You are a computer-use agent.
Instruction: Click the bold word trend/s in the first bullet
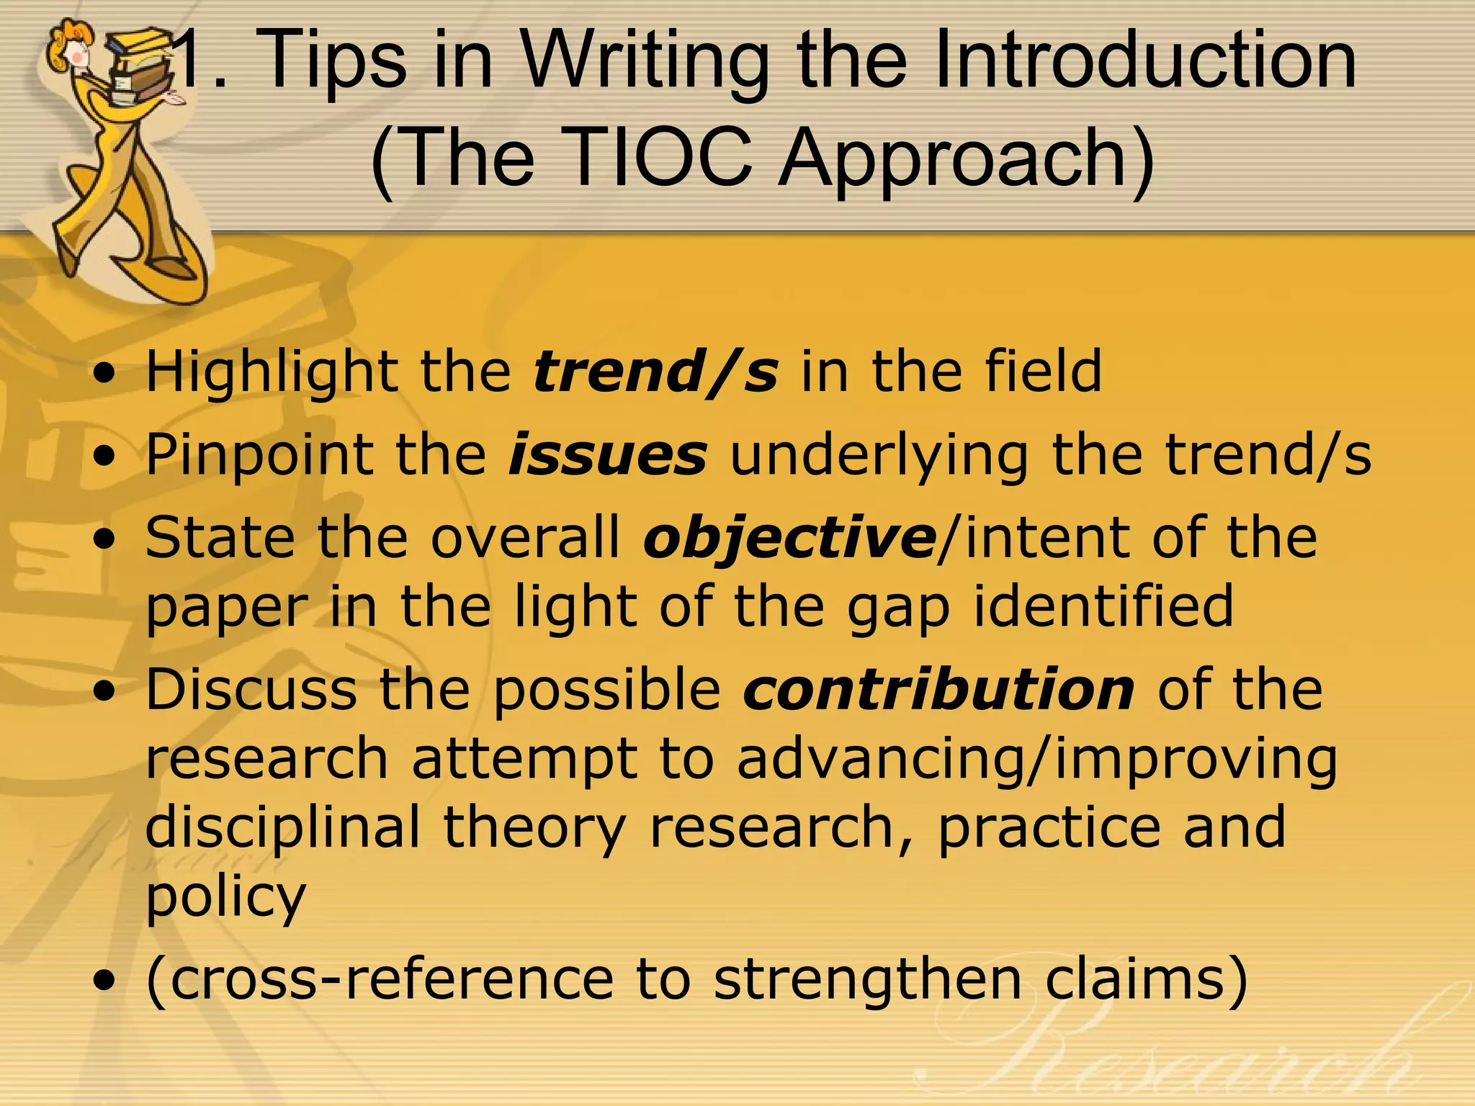[x=655, y=372]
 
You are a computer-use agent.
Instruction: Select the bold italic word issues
[x=608, y=455]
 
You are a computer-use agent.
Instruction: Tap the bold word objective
[x=789, y=539]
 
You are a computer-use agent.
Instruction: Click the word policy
[x=226, y=897]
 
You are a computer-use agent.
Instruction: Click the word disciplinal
[x=282, y=828]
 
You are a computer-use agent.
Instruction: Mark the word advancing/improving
[x=1037, y=760]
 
